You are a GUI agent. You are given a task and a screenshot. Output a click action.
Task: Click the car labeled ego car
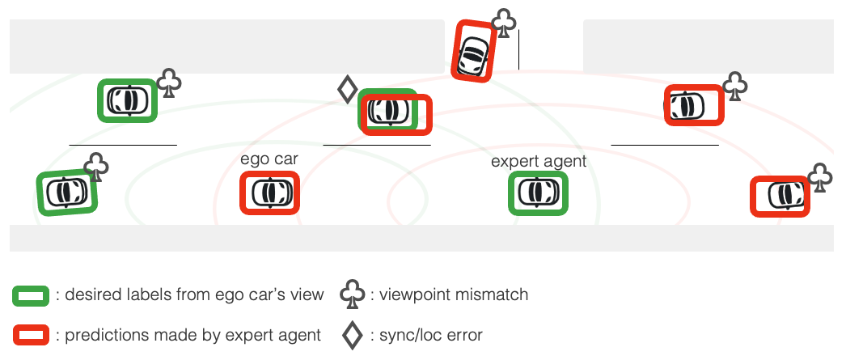[x=270, y=193]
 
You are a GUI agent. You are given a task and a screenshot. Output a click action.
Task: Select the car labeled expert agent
[x=538, y=193]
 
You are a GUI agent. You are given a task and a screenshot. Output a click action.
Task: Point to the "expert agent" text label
[x=538, y=162]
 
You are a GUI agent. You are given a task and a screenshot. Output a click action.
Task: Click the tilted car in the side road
[x=472, y=50]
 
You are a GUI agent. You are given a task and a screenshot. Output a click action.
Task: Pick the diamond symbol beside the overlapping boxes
[x=347, y=89]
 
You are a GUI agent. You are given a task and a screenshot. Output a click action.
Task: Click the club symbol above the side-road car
[x=504, y=23]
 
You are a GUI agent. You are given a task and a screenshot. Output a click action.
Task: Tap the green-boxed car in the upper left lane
[x=127, y=100]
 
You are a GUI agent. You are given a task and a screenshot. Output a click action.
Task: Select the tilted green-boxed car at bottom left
[x=67, y=192]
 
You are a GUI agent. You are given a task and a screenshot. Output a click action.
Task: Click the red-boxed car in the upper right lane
[x=694, y=105]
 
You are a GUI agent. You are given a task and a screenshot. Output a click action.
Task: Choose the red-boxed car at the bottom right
[x=780, y=196]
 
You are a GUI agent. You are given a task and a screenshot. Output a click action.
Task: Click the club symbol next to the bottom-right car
[x=820, y=177]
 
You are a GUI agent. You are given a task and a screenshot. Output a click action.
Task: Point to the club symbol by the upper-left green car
[x=169, y=83]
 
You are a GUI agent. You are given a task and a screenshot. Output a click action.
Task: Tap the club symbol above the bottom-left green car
[x=97, y=166]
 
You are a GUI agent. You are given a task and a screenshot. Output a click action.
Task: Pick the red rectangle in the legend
[x=32, y=334]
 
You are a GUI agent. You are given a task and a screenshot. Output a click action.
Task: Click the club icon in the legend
[x=352, y=295]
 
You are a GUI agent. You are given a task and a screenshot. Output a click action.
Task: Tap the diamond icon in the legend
[x=352, y=334]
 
